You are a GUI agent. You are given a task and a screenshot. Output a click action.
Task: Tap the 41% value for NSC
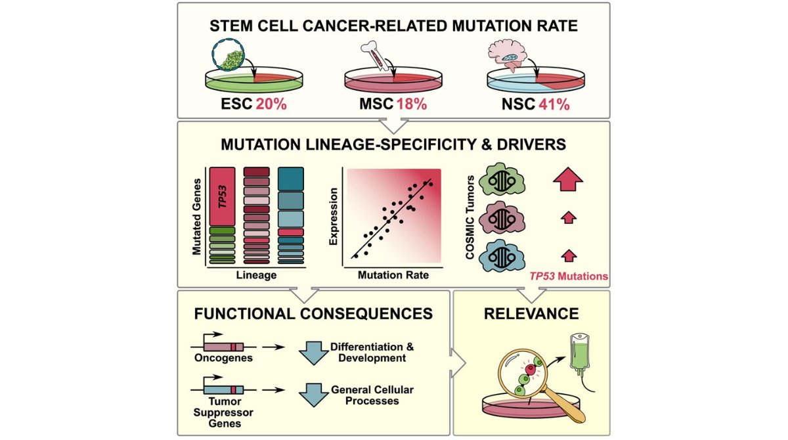(x=554, y=104)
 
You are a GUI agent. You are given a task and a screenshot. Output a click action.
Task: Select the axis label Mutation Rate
(x=393, y=275)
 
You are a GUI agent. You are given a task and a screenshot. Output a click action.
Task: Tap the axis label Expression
(x=334, y=216)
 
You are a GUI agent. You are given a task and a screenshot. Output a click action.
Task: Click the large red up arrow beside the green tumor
(x=569, y=175)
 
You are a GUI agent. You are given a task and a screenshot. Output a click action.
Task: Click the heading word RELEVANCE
(x=531, y=313)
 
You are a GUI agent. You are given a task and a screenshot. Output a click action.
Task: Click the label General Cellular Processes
(x=372, y=395)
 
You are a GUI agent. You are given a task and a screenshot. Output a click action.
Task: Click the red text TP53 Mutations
(x=569, y=276)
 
